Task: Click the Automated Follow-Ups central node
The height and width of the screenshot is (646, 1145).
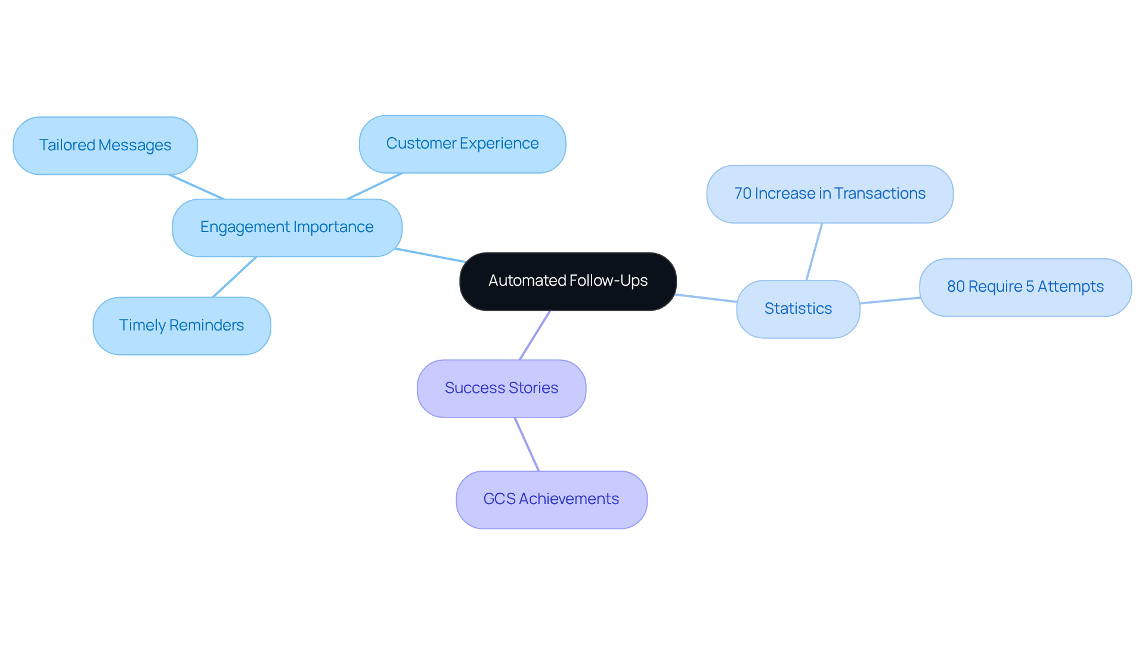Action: (x=568, y=281)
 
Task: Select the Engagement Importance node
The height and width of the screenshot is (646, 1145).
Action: (x=287, y=227)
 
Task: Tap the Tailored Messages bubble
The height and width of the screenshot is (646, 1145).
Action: (x=105, y=146)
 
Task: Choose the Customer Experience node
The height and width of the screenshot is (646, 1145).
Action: (x=462, y=144)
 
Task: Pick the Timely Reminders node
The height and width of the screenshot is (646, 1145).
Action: (x=181, y=326)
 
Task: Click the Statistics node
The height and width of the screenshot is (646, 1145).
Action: (x=798, y=309)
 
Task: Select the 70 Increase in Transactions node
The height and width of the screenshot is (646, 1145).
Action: (x=830, y=194)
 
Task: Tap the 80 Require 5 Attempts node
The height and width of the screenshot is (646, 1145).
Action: (x=1025, y=287)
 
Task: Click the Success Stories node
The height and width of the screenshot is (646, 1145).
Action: (x=501, y=388)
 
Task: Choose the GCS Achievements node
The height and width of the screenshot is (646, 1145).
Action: (x=551, y=499)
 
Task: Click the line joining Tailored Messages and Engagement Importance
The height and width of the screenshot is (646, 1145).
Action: (x=197, y=187)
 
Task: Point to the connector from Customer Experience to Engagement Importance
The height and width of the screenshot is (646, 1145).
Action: (x=375, y=186)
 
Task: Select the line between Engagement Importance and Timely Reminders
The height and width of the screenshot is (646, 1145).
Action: (x=234, y=277)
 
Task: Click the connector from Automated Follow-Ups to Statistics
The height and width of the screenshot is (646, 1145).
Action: (x=706, y=298)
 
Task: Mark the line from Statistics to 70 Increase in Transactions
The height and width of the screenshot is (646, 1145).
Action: (x=814, y=252)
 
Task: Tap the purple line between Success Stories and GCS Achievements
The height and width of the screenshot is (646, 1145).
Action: (x=527, y=444)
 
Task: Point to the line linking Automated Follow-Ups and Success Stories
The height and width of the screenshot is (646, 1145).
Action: (x=534, y=335)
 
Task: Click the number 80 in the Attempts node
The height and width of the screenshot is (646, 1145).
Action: (x=955, y=287)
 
